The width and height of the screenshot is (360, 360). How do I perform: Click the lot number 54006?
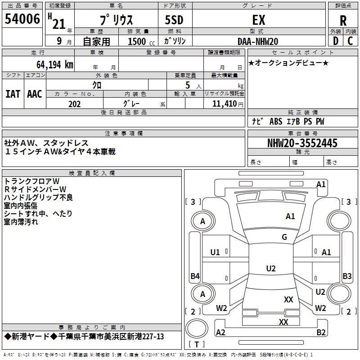[x=22, y=19]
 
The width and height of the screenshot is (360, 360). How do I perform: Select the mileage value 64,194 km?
[x=55, y=65]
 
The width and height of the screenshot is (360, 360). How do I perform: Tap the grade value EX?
[x=259, y=20]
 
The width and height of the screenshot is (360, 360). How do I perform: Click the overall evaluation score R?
[x=343, y=21]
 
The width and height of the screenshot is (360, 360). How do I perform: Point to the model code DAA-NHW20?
[x=258, y=41]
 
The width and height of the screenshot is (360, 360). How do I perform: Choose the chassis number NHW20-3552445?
[x=302, y=143]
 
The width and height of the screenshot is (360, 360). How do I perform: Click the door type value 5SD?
[x=174, y=20]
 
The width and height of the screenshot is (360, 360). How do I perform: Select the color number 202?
[x=74, y=104]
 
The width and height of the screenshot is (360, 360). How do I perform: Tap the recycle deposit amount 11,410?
[x=225, y=104]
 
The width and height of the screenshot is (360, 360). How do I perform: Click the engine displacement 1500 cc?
[x=141, y=41]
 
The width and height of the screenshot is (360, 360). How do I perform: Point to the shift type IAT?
[x=13, y=94]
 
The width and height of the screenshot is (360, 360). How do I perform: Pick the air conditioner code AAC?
[x=35, y=94]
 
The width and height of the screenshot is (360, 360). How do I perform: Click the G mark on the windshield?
[x=284, y=237]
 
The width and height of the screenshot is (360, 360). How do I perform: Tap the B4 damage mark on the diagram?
[x=195, y=276]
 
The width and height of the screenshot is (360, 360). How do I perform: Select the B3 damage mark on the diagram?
[x=347, y=276]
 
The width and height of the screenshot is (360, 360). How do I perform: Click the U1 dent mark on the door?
[x=215, y=252]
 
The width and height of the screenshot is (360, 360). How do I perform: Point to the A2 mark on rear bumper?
[x=220, y=332]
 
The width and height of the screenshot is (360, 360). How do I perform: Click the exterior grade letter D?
[x=336, y=41]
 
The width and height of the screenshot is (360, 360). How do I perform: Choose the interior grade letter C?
[x=350, y=41]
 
